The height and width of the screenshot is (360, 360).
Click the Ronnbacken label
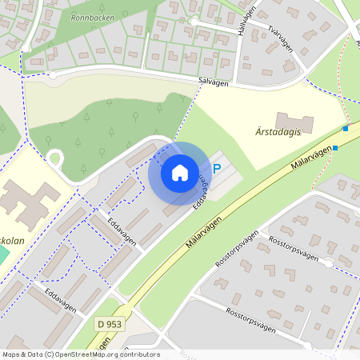click(91, 16)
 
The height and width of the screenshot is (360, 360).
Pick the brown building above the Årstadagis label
click(294, 122)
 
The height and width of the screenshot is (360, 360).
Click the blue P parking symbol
click(217, 170)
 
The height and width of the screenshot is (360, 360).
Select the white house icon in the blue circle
click(179, 172)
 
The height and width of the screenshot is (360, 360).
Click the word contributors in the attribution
click(139, 354)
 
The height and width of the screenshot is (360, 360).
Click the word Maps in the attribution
click(10, 354)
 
